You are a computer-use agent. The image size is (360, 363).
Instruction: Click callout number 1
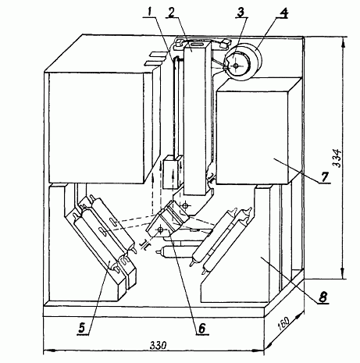149,12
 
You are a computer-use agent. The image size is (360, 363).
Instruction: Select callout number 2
171,12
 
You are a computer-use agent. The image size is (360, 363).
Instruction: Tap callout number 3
241,12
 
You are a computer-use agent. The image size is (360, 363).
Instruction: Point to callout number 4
283,13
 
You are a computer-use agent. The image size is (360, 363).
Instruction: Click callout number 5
82,327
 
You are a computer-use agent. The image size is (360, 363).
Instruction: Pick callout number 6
202,329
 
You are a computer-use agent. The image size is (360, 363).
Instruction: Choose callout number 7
325,177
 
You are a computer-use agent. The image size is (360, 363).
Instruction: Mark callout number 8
323,297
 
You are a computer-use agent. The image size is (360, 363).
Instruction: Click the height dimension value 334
337,158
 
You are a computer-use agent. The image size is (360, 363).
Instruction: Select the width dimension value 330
158,346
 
